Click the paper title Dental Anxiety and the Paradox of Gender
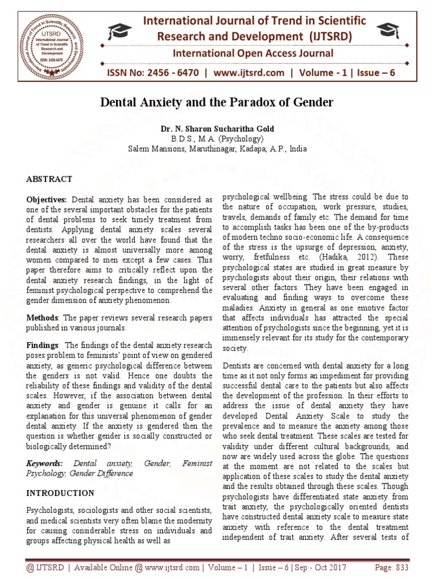point(217,103)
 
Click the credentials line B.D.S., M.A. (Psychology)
point(217,139)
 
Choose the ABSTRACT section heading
point(49,179)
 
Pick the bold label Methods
point(42,318)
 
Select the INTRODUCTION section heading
point(61,493)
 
